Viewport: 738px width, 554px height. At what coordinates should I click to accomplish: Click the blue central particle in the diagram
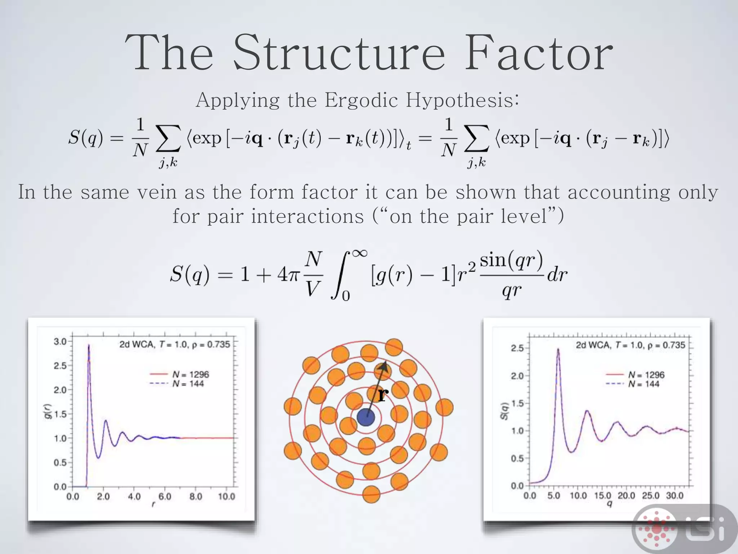(x=366, y=417)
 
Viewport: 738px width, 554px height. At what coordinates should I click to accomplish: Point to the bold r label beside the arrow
(x=383, y=395)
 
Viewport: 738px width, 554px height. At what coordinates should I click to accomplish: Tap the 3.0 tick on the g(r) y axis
(x=60, y=341)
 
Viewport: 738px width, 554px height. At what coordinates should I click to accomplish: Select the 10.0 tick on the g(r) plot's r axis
(x=226, y=497)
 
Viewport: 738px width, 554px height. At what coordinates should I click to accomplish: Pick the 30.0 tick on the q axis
(x=675, y=496)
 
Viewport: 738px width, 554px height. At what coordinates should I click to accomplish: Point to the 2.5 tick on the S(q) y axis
(x=517, y=348)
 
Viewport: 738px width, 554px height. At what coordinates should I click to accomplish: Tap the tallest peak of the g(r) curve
(x=89, y=346)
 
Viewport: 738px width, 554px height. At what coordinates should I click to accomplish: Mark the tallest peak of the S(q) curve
(x=558, y=349)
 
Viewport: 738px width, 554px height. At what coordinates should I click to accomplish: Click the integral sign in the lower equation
(x=339, y=275)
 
